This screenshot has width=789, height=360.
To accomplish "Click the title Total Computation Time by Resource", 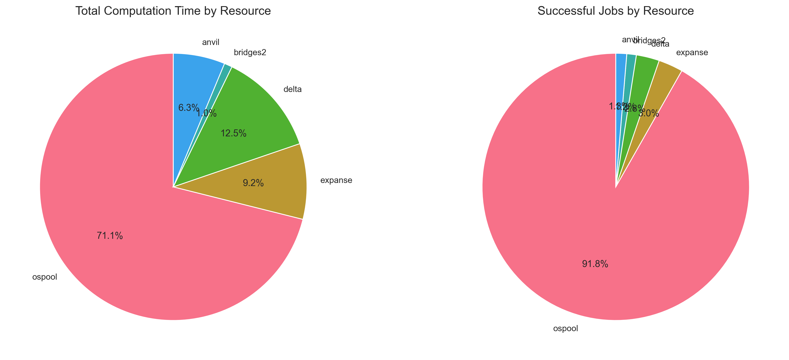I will click(173, 11).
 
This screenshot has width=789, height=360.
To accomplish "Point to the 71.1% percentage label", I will click(110, 236).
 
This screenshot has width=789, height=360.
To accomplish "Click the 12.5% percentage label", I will click(233, 133).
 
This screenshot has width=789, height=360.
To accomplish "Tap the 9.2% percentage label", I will click(253, 183).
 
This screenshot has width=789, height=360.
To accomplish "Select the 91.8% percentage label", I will click(595, 264).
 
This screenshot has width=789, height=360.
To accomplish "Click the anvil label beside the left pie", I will click(211, 43).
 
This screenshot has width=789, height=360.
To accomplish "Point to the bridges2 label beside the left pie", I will click(250, 53).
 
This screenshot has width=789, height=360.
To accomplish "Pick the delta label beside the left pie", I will click(293, 89).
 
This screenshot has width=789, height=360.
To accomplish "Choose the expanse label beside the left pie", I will click(336, 180).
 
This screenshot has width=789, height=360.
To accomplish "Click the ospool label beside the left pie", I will click(45, 277).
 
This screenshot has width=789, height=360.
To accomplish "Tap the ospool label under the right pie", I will click(565, 329).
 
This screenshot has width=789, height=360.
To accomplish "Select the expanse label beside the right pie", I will click(692, 53).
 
